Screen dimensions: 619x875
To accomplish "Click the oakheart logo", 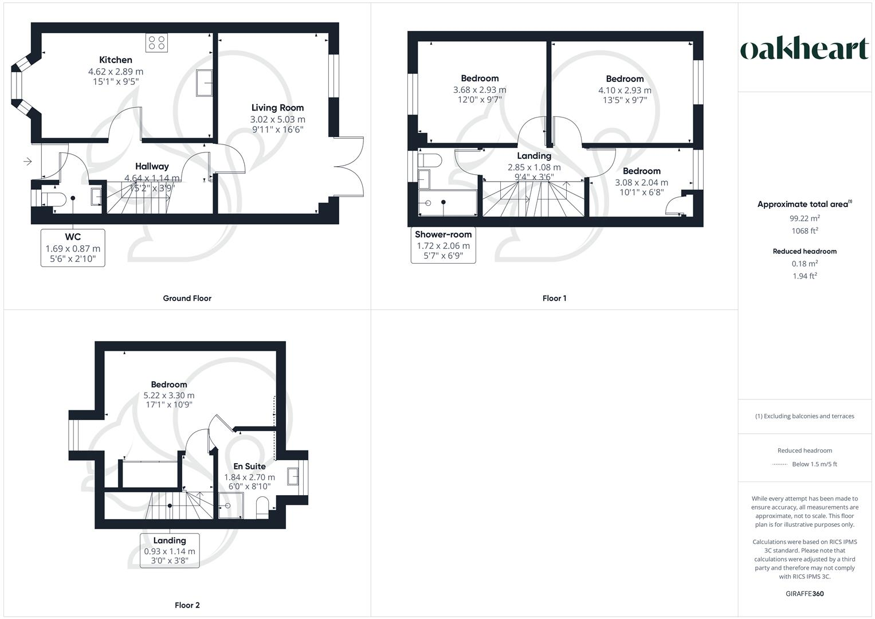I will point(805,49).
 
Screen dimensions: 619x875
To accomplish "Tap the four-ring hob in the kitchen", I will point(156,42).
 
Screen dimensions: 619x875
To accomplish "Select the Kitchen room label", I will point(116,60).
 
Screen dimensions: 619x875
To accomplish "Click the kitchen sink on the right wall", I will point(204,83).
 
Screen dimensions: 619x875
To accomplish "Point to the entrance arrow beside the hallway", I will point(28,162).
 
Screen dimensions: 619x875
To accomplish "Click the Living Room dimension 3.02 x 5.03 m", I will point(277,119).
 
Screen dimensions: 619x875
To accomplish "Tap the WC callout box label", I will point(73,248).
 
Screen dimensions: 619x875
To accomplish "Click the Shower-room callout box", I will point(443,245).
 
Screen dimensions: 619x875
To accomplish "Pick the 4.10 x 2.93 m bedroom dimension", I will point(625,90).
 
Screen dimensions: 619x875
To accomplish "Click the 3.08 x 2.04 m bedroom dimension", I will point(641,182).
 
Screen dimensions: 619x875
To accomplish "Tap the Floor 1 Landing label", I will point(534,156).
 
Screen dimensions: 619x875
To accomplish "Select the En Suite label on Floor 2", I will point(249,467).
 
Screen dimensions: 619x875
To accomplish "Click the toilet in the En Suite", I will point(262,508).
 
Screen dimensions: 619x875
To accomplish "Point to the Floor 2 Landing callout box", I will point(170,550).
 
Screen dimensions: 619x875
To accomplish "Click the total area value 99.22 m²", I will point(805,218).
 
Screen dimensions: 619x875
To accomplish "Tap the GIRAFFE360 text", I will point(805,594).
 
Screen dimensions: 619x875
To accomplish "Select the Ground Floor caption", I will point(187,298).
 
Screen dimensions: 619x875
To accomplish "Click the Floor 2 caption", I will point(187,605).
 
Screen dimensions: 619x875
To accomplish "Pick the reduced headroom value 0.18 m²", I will point(805,264).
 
